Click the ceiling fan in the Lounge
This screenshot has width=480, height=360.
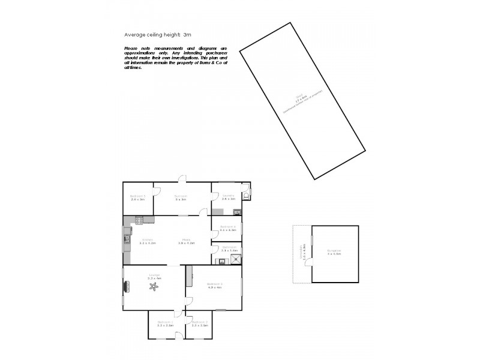pyautogui.click(x=154, y=288)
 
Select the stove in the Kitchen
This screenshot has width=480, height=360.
pyautogui.click(x=139, y=220)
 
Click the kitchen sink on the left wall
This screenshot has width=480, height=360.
pyautogui.click(x=127, y=239)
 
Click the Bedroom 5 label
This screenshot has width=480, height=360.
pyautogui.click(x=139, y=196)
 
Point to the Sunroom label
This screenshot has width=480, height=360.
pyautogui.click(x=181, y=196)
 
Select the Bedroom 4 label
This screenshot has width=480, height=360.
pyautogui.click(x=228, y=226)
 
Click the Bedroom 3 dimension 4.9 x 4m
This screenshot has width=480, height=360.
pyautogui.click(x=214, y=287)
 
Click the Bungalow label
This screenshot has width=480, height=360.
pyautogui.click(x=334, y=250)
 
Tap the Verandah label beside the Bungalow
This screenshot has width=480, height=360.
pyautogui.click(x=303, y=253)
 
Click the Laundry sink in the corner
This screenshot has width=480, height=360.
pyautogui.click(x=237, y=211)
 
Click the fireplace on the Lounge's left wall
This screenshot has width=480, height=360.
pyautogui.click(x=125, y=287)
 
